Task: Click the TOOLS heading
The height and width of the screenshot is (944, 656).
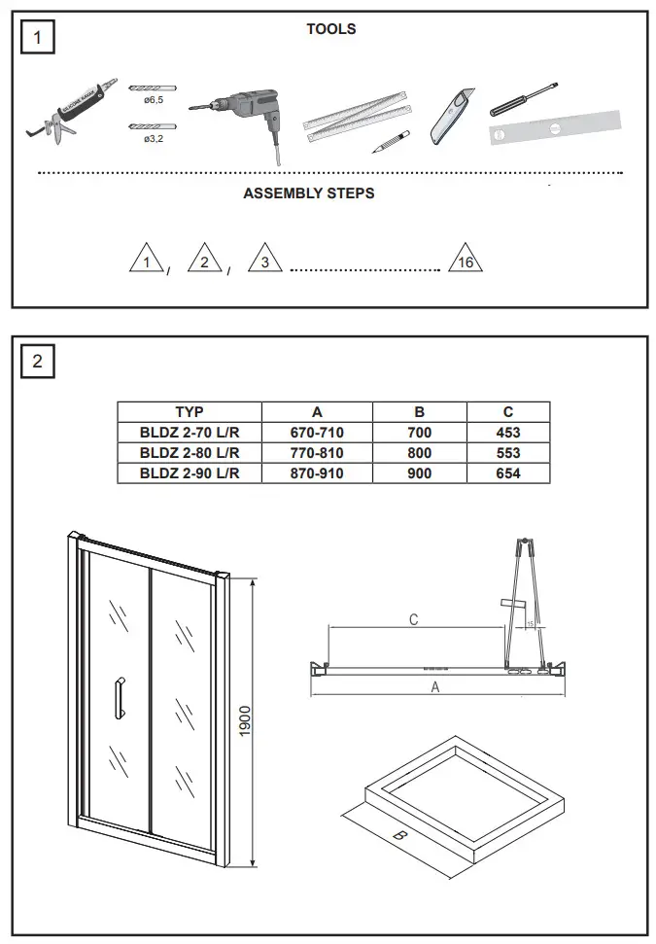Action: coord(330,29)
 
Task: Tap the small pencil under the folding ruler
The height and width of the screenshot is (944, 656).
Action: coord(389,143)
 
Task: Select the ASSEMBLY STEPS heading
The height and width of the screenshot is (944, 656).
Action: coord(308,193)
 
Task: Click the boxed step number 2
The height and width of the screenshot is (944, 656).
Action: coord(38,362)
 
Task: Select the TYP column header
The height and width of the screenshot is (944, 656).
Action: coord(190,412)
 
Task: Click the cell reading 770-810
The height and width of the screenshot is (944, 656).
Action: coord(317,453)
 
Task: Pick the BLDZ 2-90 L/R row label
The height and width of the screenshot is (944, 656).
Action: coord(190,473)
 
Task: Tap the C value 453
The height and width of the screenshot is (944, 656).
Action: coord(507,433)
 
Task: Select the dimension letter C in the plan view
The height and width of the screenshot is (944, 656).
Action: coord(413,619)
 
